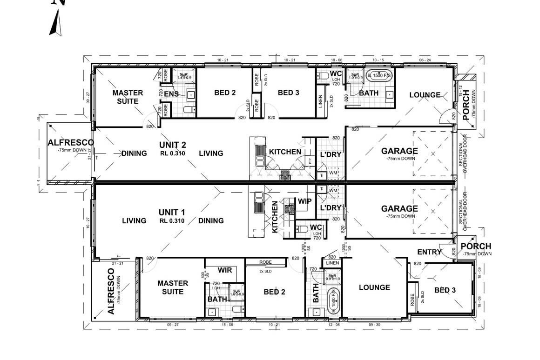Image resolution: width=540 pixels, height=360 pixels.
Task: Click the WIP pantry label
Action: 304,201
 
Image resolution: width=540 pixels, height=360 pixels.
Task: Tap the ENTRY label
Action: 429,252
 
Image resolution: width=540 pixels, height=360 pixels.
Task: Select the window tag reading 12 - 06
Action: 334,325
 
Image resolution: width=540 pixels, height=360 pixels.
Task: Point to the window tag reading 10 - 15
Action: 378,60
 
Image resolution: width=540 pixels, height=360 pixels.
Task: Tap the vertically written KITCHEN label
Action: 275,217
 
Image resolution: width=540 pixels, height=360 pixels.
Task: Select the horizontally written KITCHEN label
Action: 285,152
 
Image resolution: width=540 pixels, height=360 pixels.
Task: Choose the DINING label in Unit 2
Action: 134,153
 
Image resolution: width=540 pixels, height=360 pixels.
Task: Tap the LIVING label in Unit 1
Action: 134,221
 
